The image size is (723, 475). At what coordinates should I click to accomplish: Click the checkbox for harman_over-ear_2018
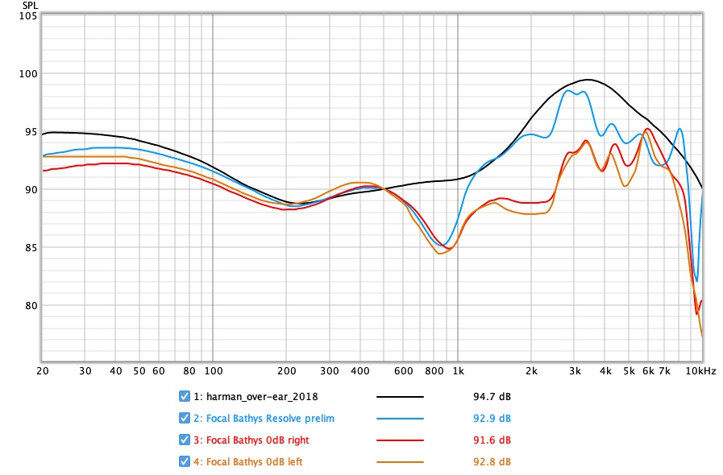pyautogui.click(x=185, y=396)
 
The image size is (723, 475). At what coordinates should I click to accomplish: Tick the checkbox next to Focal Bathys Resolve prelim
pyautogui.click(x=185, y=418)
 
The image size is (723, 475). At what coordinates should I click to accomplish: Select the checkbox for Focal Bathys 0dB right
pyautogui.click(x=185, y=440)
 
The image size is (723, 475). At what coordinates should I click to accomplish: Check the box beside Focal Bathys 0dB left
pyautogui.click(x=185, y=461)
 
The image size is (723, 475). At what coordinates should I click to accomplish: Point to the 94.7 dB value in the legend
pyautogui.click(x=496, y=397)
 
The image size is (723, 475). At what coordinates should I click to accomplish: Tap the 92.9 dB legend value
pyautogui.click(x=496, y=419)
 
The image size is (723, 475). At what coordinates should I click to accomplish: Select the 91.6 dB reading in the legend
pyautogui.click(x=496, y=440)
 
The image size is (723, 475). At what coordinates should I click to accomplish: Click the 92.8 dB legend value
pyautogui.click(x=496, y=462)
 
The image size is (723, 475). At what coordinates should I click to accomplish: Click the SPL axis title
pyautogui.click(x=28, y=6)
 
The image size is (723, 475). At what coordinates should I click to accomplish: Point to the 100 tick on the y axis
pyautogui.click(x=28, y=74)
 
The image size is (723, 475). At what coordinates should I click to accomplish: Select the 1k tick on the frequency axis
pyautogui.click(x=458, y=371)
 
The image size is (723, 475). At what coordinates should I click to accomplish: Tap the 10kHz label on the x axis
pyautogui.click(x=700, y=371)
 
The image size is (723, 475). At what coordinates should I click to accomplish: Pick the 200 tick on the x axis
pyautogui.click(x=286, y=371)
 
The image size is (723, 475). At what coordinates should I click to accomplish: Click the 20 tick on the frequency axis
pyautogui.click(x=42, y=371)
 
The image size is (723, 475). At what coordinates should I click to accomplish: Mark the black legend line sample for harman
pyautogui.click(x=401, y=397)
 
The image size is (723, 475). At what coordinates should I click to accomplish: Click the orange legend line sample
pyautogui.click(x=401, y=462)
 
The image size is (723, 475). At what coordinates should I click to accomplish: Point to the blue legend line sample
pyautogui.click(x=401, y=419)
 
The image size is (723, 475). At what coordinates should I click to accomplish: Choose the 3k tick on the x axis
pyautogui.click(x=575, y=371)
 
